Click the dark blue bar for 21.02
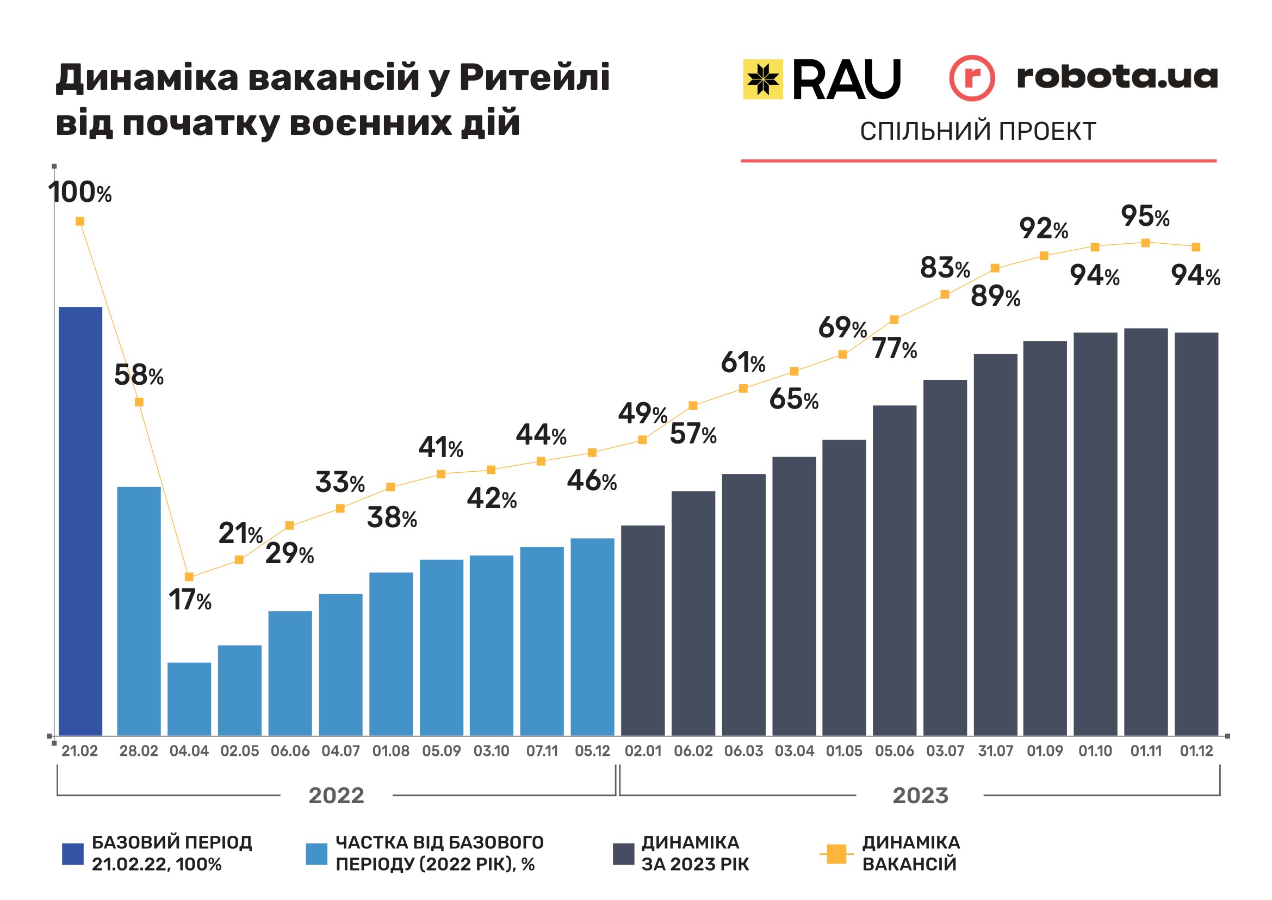(x=80, y=521)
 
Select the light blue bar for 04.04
(x=189, y=699)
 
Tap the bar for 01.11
(x=1146, y=532)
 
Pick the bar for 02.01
(x=643, y=630)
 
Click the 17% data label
(x=189, y=600)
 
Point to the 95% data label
(x=1145, y=216)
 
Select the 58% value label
(x=139, y=375)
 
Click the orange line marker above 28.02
(x=139, y=402)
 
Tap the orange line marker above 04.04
(x=189, y=577)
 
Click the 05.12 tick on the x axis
(x=592, y=751)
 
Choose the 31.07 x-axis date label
(x=995, y=751)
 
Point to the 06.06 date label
(x=290, y=751)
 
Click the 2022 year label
(x=336, y=796)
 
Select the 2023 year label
(x=920, y=796)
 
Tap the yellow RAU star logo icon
(x=763, y=79)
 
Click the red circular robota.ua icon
(x=972, y=78)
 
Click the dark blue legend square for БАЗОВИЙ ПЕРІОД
(x=72, y=854)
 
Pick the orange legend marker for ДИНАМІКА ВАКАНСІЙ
(x=836, y=854)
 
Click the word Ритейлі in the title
(x=535, y=77)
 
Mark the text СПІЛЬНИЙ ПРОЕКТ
(x=978, y=131)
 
